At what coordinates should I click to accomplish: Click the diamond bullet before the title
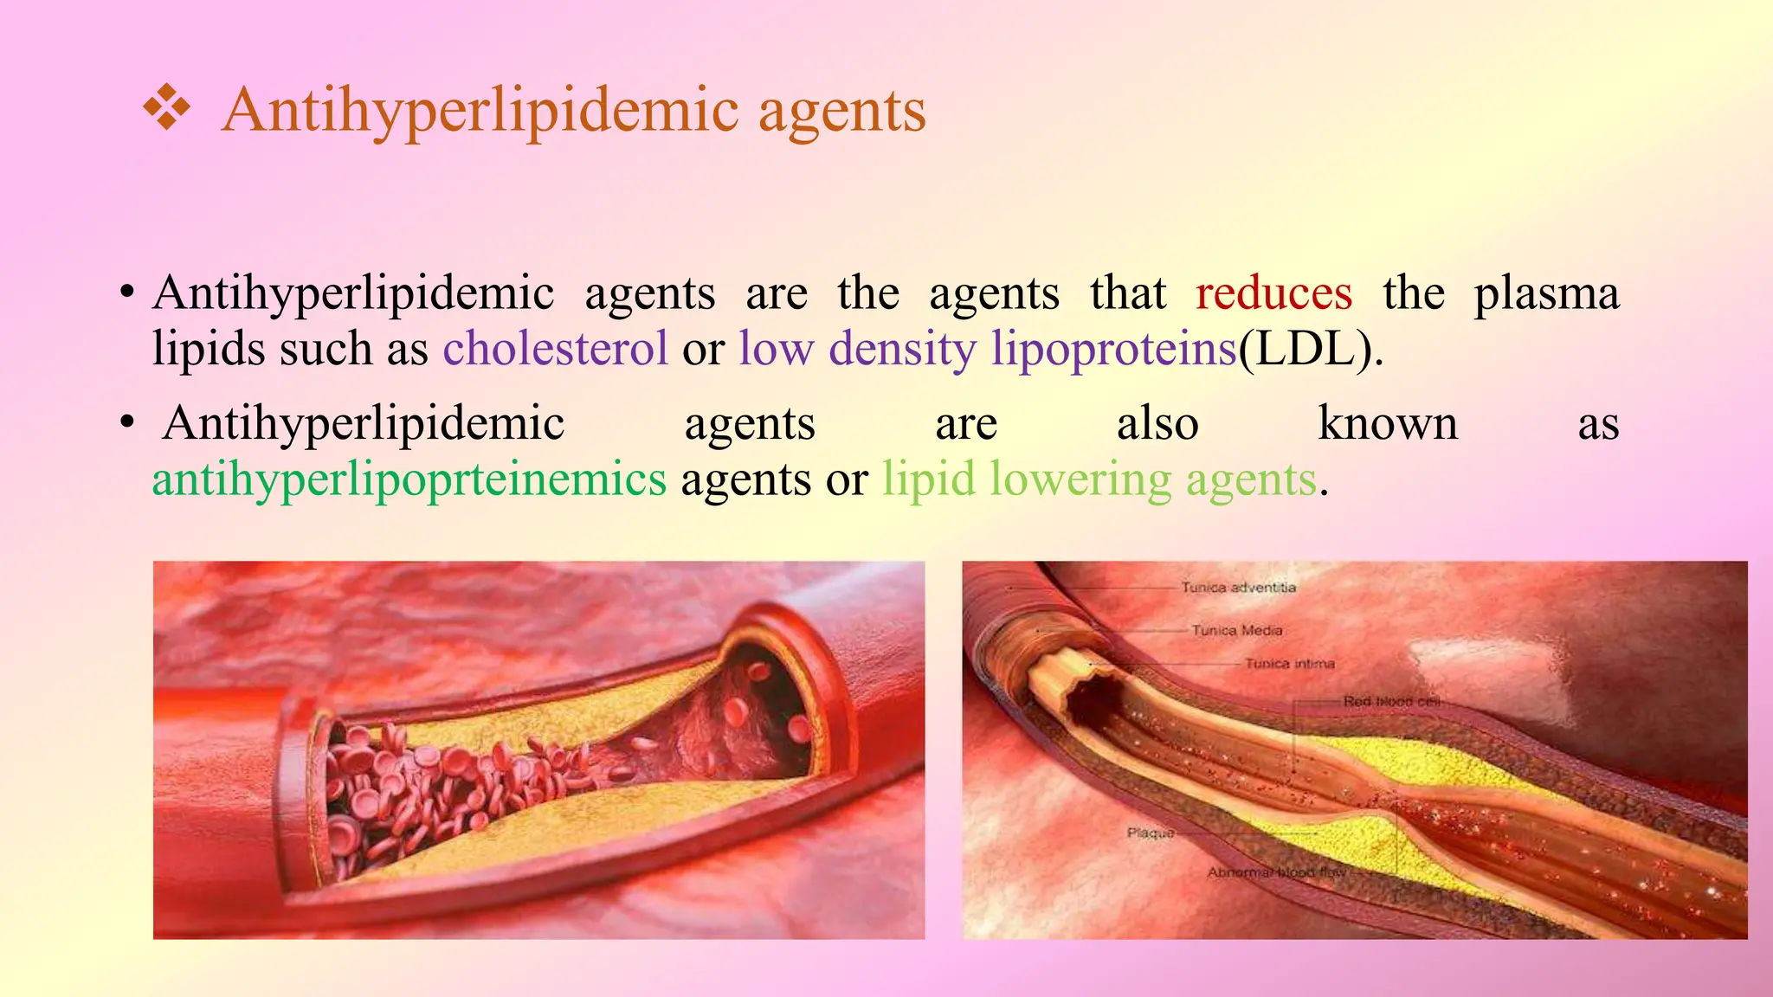[x=166, y=110]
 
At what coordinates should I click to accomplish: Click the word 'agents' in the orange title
[x=841, y=112]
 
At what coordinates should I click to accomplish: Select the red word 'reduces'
[x=1273, y=293]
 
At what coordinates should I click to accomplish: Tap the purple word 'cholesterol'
[x=555, y=349]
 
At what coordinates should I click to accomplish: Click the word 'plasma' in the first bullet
[x=1546, y=294]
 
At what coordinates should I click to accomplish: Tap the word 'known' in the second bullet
[x=1388, y=424]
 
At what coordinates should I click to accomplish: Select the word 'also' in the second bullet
[x=1157, y=424]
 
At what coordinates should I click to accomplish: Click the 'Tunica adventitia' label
[x=1239, y=588]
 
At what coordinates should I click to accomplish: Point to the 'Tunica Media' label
[x=1236, y=630]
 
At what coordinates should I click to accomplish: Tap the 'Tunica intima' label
[x=1290, y=664]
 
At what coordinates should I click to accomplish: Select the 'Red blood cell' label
[x=1390, y=701]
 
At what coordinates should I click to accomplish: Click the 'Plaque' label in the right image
[x=1151, y=833]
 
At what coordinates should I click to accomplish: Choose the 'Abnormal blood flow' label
[x=1276, y=872]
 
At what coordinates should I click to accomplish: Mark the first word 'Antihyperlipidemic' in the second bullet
[x=364, y=424]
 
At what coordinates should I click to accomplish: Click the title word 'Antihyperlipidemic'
[x=480, y=112]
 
